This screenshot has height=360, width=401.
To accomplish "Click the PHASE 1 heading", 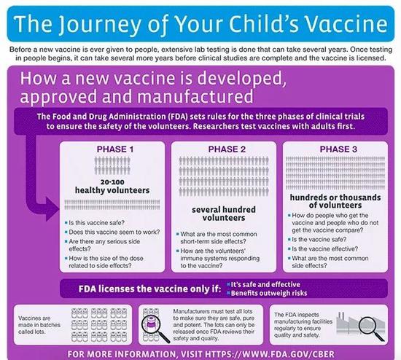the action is pyautogui.click(x=115, y=149).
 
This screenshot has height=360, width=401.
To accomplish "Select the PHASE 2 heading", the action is pyautogui.click(x=227, y=149).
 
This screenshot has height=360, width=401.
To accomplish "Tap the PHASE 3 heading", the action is pyautogui.click(x=338, y=149).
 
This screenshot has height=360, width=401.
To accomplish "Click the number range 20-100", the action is pyautogui.click(x=112, y=182).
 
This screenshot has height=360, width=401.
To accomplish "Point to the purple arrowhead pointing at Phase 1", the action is pyautogui.click(x=52, y=209).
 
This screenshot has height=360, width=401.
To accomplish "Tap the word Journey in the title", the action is pyautogui.click(x=100, y=25).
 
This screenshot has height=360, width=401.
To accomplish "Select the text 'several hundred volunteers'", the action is pyautogui.click(x=224, y=214).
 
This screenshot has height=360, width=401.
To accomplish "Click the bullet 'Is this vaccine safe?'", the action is pyautogui.click(x=96, y=223).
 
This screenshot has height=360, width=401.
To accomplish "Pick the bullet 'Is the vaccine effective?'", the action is pyautogui.click(x=324, y=249).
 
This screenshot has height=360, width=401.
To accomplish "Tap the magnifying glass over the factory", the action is pyautogui.click(x=371, y=328).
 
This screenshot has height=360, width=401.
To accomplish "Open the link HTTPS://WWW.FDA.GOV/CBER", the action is pyautogui.click(x=270, y=354).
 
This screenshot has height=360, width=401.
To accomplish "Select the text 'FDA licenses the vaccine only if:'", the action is pyautogui.click(x=149, y=289).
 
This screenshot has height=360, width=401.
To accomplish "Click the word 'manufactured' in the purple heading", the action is pyautogui.click(x=195, y=97).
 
